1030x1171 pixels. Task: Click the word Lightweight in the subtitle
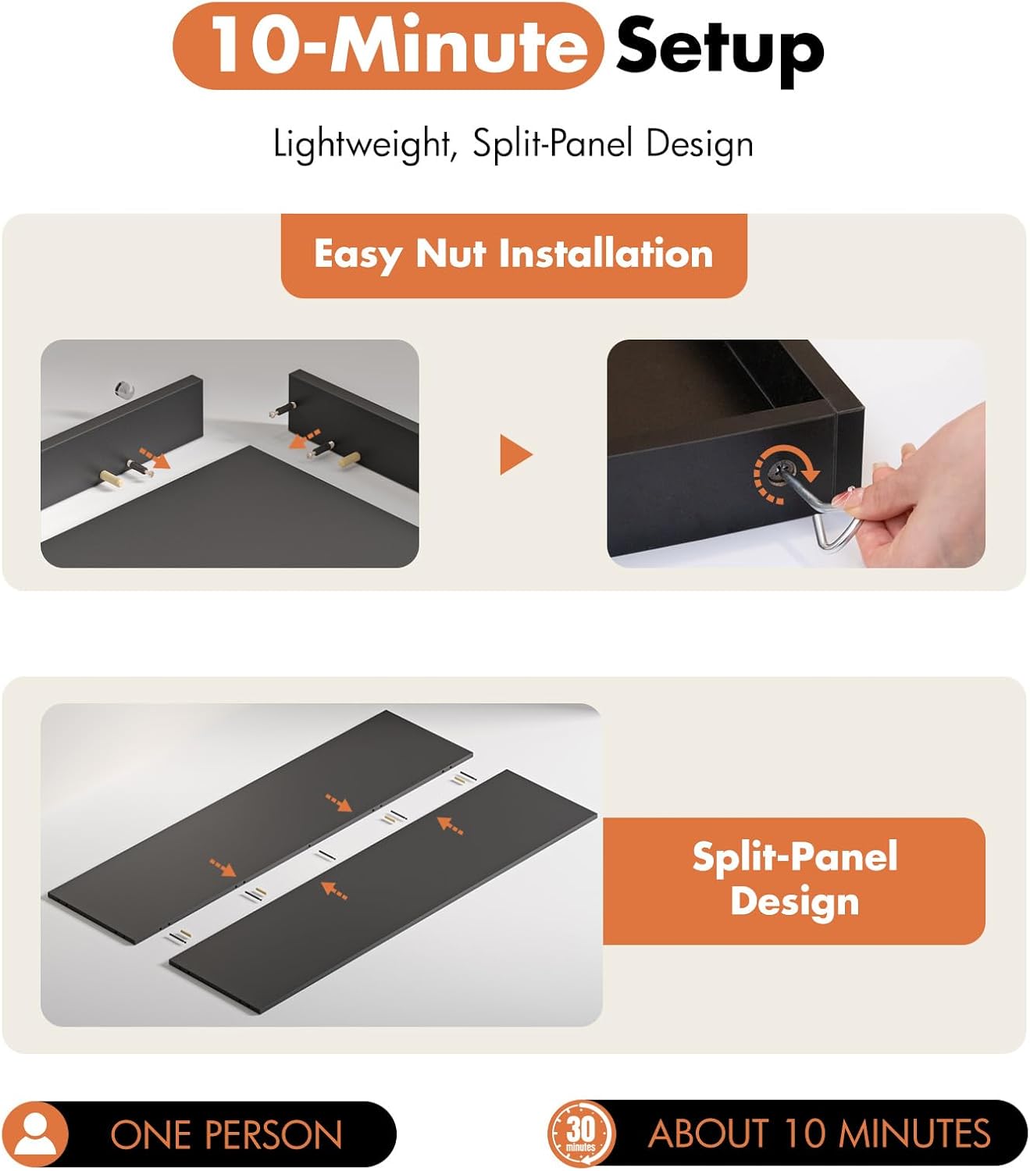point(362,144)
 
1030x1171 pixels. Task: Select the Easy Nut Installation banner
point(514,255)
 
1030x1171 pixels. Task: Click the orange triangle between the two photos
point(515,455)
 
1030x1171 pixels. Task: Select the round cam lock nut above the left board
point(123,390)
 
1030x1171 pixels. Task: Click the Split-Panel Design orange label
point(794,881)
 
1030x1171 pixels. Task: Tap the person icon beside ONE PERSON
point(35,1134)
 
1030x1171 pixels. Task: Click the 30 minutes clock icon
point(581,1134)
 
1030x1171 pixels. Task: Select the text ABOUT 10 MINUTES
point(819,1134)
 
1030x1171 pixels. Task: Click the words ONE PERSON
point(226,1134)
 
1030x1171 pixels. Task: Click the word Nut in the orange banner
point(451,254)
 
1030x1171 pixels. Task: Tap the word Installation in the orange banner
point(606,254)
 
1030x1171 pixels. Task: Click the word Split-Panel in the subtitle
point(554,144)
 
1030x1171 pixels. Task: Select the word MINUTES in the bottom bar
point(915,1134)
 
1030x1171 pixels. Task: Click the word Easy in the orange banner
point(358,256)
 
